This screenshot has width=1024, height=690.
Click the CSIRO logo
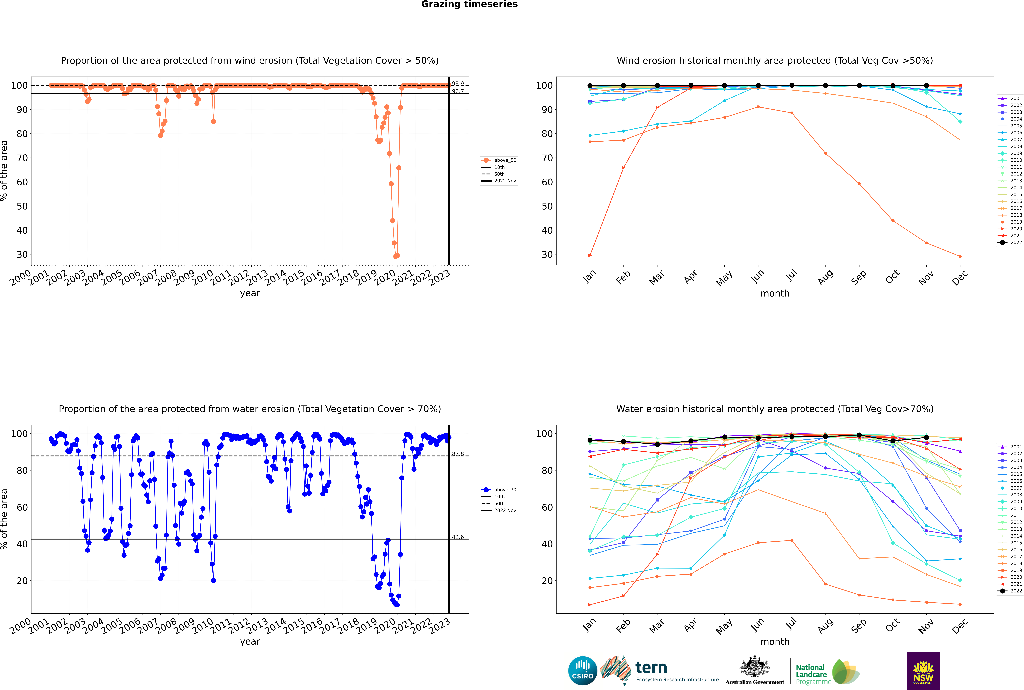pos(582,671)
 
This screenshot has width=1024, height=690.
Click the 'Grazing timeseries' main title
pos(469,4)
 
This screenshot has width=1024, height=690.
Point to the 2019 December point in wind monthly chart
pos(960,257)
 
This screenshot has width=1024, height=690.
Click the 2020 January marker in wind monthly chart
pos(590,255)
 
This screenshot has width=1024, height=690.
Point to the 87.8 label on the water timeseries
pos(458,454)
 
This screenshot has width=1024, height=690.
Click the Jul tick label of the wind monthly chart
pos(791,276)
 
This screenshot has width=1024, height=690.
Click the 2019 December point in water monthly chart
pos(960,604)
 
